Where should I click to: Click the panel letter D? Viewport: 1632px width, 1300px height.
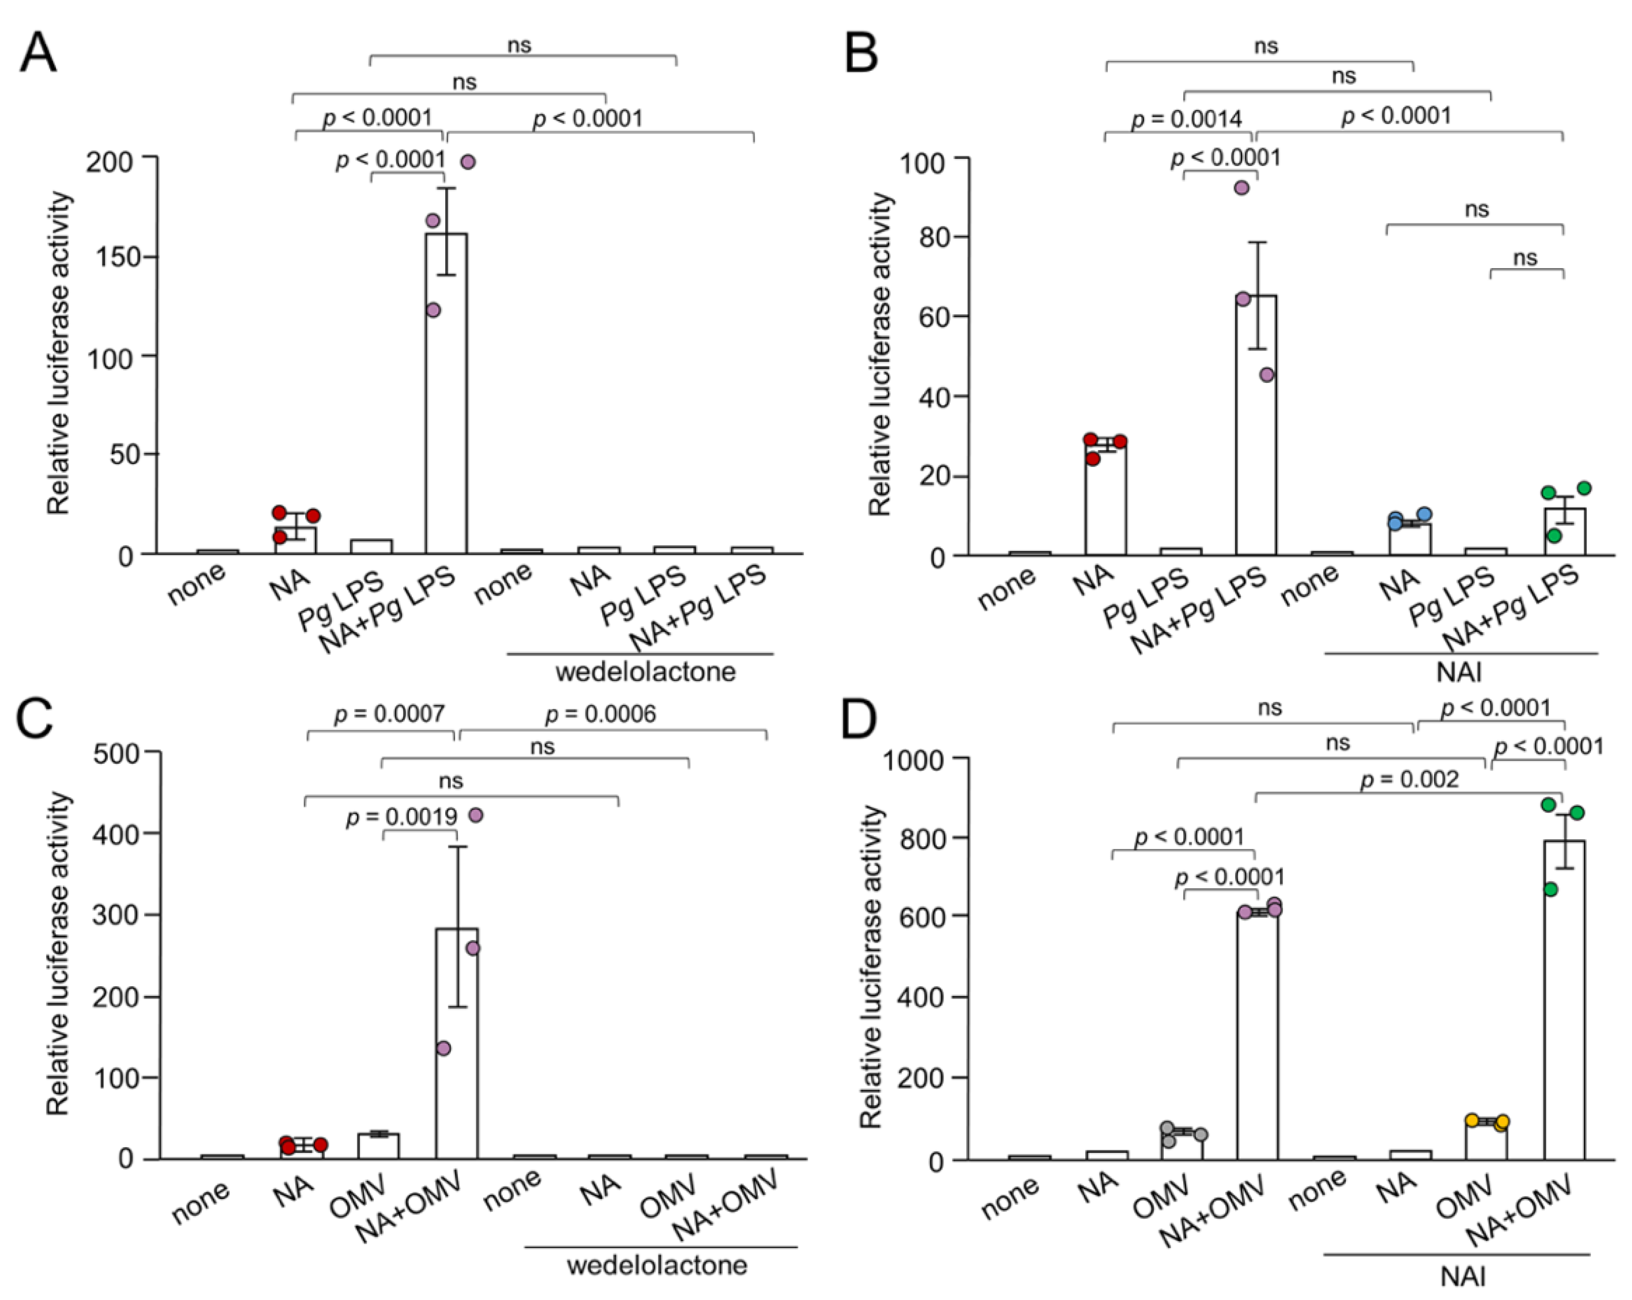tap(861, 721)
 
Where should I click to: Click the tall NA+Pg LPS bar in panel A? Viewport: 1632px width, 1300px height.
tap(446, 394)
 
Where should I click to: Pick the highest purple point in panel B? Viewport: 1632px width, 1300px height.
tap(1241, 188)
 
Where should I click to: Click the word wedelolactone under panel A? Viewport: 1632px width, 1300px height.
tap(646, 672)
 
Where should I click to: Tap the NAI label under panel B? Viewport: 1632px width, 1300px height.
tap(1459, 672)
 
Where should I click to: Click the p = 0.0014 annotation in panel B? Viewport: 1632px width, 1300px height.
tap(1186, 119)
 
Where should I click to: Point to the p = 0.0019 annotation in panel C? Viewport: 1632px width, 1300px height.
tap(401, 817)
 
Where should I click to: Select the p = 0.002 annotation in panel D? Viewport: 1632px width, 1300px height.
tap(1409, 779)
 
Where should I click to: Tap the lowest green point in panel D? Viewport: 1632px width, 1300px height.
tap(1550, 889)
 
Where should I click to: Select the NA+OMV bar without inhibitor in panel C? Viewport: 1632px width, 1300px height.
tap(457, 1044)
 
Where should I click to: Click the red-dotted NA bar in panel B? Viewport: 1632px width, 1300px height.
tap(1105, 499)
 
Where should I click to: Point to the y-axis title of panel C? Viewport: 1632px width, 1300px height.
tap(58, 953)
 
